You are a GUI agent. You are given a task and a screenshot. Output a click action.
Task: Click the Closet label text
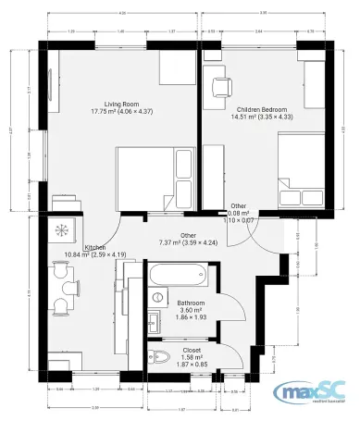(192, 350)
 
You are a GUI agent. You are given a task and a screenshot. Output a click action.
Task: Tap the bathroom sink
(154, 321)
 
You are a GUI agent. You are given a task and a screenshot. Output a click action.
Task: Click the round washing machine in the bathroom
(157, 296)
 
